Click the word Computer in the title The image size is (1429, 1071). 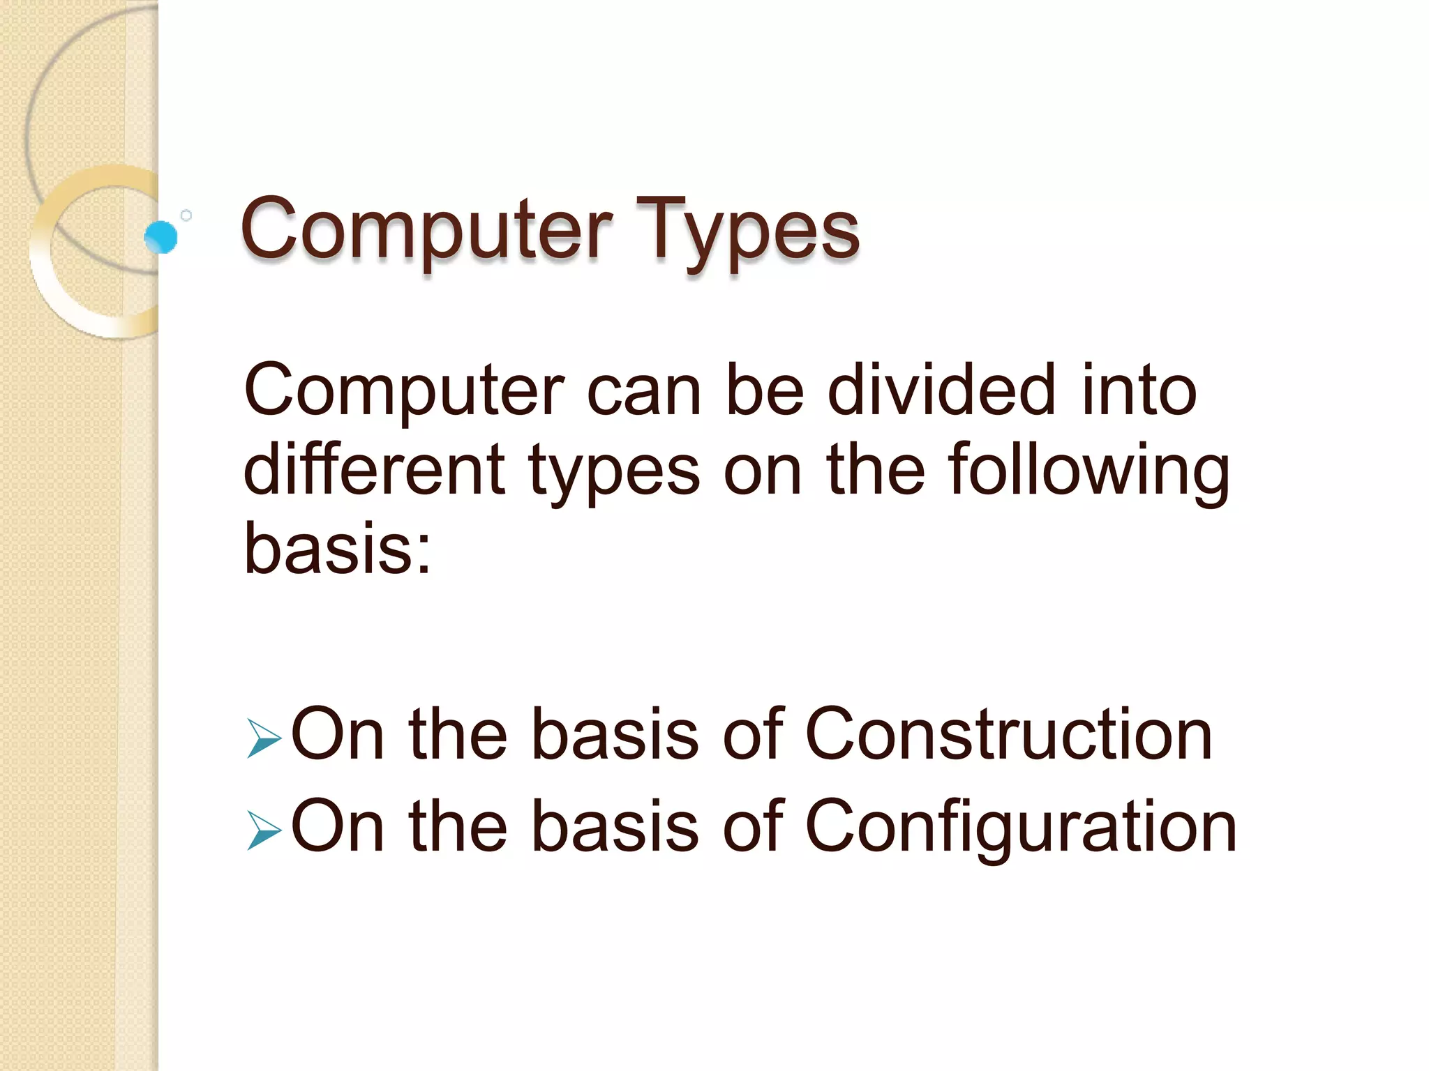[x=426, y=230]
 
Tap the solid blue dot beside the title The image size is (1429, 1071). [x=161, y=237]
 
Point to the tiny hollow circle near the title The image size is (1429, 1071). [x=186, y=215]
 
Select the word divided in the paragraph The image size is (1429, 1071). [x=941, y=390]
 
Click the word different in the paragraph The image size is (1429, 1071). [x=374, y=470]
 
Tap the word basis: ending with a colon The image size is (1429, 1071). [x=338, y=549]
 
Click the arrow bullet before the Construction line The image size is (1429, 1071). [x=264, y=739]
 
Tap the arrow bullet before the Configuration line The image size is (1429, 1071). [x=264, y=831]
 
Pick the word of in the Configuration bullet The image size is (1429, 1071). [x=753, y=826]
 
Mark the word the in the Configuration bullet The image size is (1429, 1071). [x=458, y=826]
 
